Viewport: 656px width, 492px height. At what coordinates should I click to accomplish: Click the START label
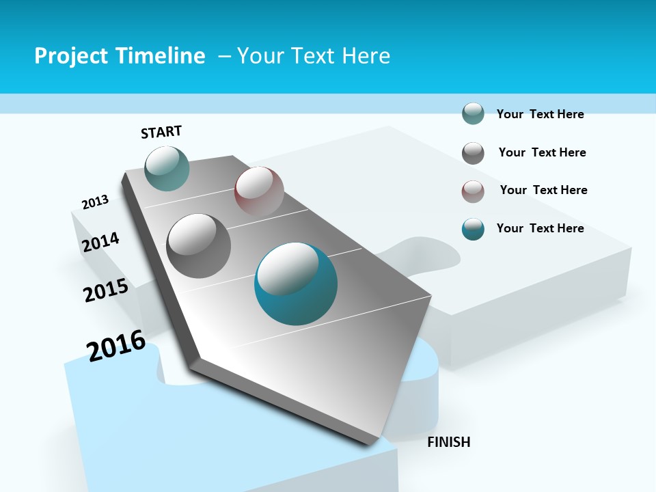pyautogui.click(x=161, y=132)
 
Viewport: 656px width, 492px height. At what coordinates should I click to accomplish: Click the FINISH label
pyautogui.click(x=449, y=442)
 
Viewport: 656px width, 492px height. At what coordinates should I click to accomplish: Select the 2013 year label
pyautogui.click(x=95, y=202)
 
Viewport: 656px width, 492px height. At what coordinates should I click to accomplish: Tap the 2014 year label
pyautogui.click(x=100, y=242)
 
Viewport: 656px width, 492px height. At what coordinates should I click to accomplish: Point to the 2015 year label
pyautogui.click(x=106, y=290)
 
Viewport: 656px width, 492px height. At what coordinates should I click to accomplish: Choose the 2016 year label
pyautogui.click(x=116, y=345)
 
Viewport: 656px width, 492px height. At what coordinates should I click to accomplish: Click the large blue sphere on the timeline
pyautogui.click(x=296, y=284)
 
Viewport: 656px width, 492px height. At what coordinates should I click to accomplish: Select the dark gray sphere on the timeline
pyautogui.click(x=199, y=246)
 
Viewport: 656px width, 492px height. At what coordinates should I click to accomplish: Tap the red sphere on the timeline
pyautogui.click(x=259, y=191)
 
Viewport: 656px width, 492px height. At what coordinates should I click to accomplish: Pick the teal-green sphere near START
pyautogui.click(x=167, y=168)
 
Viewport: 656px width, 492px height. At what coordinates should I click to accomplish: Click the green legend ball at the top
pyautogui.click(x=473, y=113)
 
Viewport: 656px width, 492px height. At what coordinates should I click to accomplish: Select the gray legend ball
pyautogui.click(x=473, y=153)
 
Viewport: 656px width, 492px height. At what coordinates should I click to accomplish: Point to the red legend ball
pyautogui.click(x=473, y=191)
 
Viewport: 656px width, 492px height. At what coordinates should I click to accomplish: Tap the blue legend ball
pyautogui.click(x=473, y=229)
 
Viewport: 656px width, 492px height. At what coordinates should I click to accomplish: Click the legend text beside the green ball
pyautogui.click(x=540, y=114)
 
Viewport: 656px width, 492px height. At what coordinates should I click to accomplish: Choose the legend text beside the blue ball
pyautogui.click(x=540, y=228)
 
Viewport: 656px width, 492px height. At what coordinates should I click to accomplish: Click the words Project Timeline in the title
pyautogui.click(x=120, y=56)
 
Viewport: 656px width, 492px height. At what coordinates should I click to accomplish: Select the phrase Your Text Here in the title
pyautogui.click(x=314, y=56)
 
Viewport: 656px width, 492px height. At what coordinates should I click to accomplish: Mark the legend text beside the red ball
pyautogui.click(x=543, y=190)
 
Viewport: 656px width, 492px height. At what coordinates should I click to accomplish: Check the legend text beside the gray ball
pyautogui.click(x=542, y=152)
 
